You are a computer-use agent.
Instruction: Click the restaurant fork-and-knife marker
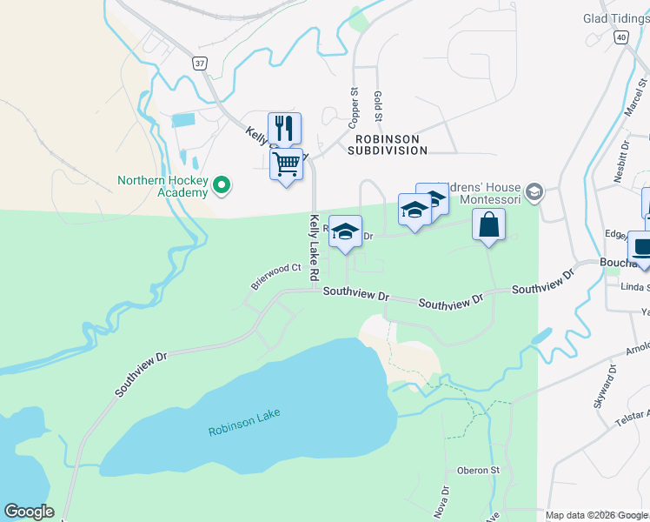284,129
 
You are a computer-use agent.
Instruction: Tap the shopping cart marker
286,164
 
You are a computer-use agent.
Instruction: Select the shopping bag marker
489,224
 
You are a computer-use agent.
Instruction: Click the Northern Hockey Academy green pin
222,184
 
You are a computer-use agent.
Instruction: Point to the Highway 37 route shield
200,64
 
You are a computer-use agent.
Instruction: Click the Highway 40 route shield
620,37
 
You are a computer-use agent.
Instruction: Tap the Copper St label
354,104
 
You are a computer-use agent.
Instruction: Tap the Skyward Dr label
609,379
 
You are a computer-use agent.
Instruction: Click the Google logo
29,512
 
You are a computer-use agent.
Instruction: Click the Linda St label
635,285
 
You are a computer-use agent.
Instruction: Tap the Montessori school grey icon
534,192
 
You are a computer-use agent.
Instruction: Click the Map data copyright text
595,515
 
